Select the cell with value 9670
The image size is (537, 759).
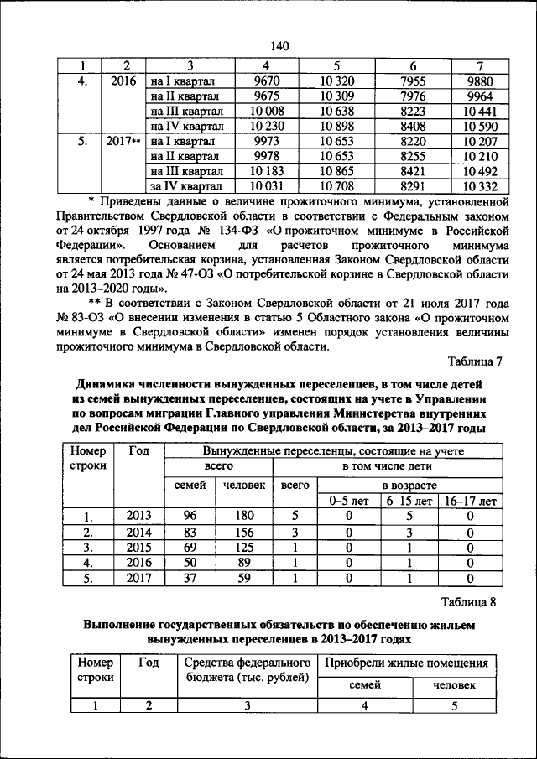[x=266, y=81]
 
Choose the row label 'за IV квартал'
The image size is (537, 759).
[x=185, y=185]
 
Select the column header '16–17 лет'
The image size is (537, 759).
[x=469, y=501]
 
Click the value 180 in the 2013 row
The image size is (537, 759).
[x=244, y=517]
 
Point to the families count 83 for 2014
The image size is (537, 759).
[x=190, y=533]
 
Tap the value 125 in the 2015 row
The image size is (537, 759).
[x=244, y=548]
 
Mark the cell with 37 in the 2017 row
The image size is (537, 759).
[x=190, y=578]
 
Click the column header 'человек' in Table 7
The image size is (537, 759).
[x=244, y=485]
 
